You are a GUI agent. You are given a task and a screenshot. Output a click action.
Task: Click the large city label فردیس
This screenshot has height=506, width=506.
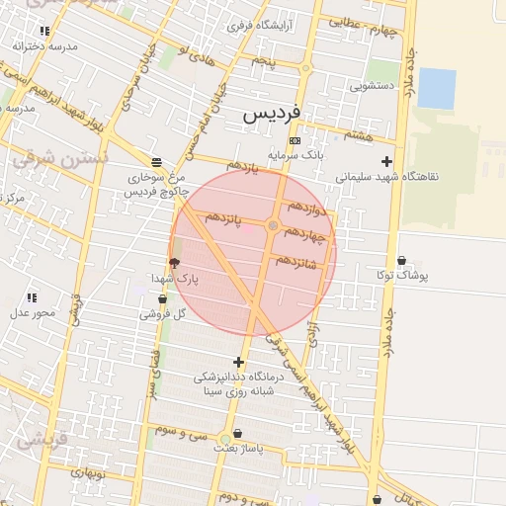[273, 115]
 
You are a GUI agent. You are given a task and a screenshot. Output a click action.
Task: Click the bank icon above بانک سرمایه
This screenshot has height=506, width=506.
[295, 140]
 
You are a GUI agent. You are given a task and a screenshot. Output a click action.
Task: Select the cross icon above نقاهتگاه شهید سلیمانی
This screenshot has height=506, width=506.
[386, 161]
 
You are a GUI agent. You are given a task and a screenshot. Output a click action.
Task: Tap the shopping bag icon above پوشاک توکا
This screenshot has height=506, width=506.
[401, 261]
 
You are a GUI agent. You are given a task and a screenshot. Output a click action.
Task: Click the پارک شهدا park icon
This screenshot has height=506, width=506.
[175, 263]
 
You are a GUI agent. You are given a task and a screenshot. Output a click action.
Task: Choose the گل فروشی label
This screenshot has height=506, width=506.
[166, 313]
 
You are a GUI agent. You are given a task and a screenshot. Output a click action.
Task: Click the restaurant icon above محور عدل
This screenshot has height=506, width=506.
[32, 296]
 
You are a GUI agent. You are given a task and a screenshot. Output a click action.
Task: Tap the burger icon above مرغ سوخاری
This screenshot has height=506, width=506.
[156, 161]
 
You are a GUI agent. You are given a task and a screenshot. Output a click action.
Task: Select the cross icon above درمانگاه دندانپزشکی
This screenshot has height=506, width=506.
[238, 362]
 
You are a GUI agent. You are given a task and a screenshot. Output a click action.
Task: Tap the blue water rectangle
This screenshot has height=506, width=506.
[437, 87]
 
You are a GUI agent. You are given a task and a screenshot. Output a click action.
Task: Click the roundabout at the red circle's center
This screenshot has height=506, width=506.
[273, 226]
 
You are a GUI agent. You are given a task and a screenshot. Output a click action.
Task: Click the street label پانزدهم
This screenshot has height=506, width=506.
[224, 216]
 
